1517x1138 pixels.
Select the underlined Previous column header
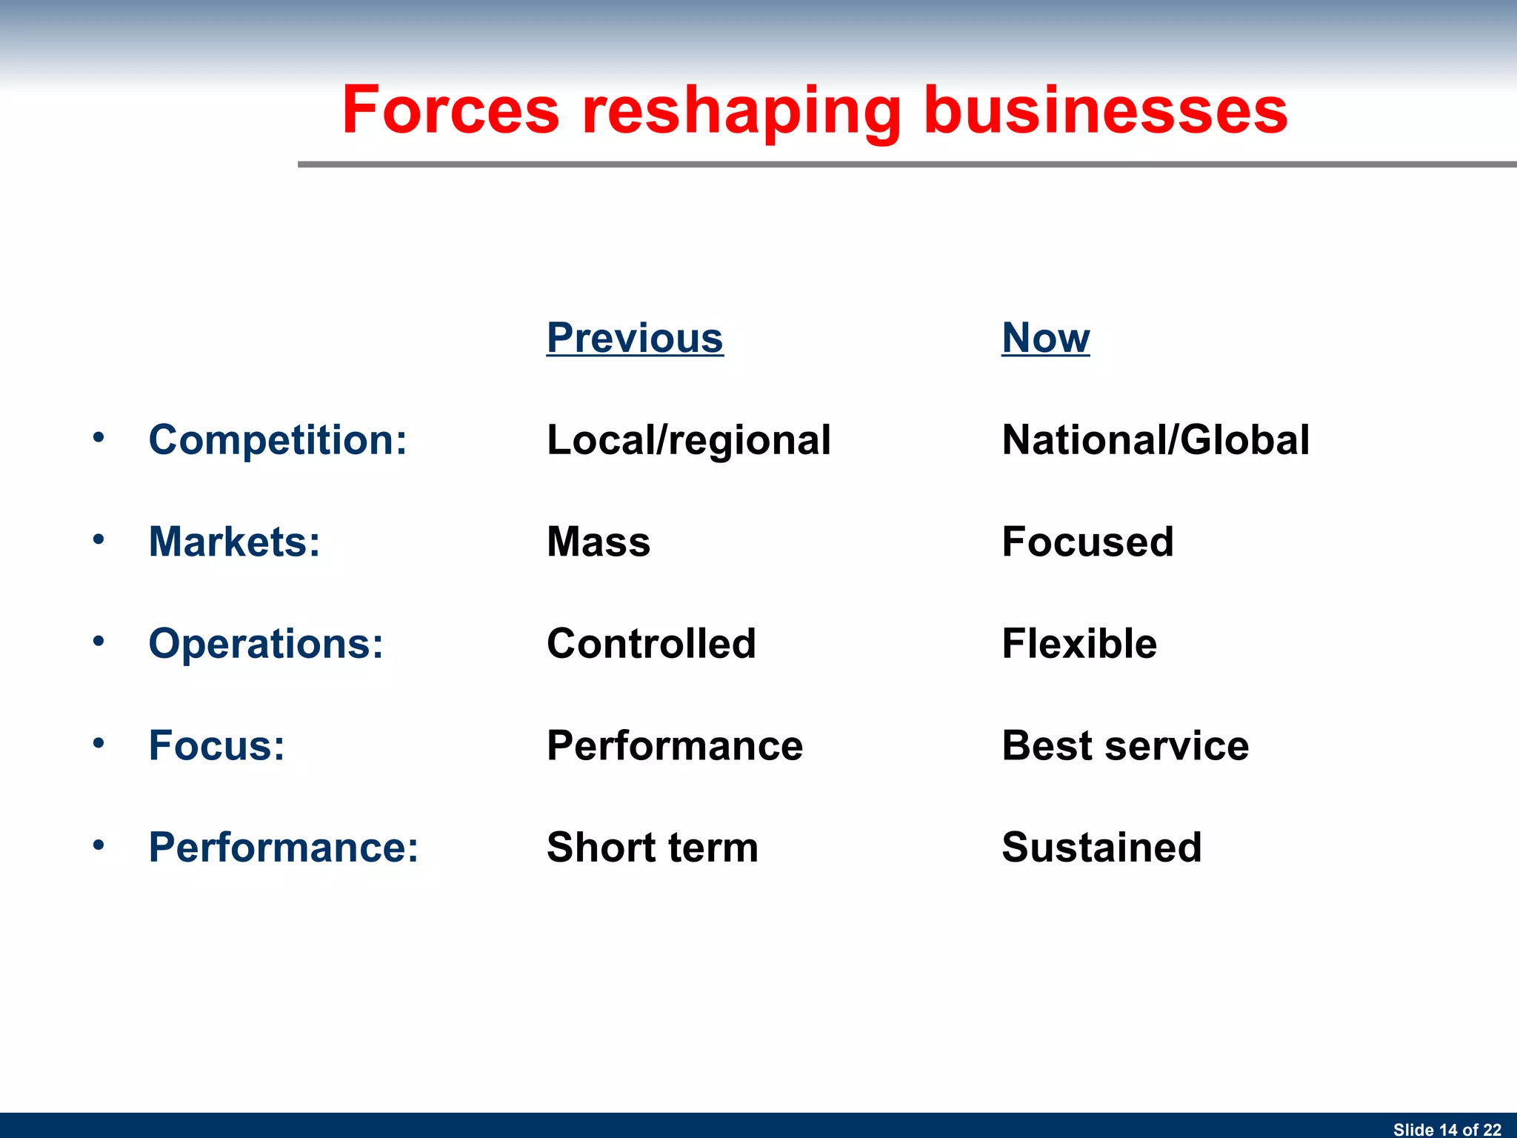tap(635, 338)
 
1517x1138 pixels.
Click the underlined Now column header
tap(1045, 338)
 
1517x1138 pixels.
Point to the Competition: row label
tap(278, 440)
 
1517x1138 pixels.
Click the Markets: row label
tap(234, 542)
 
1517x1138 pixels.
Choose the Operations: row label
tap(266, 643)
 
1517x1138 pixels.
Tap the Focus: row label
tap(216, 745)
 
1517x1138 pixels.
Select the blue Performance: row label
tap(283, 847)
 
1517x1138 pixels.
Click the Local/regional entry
tap(689, 440)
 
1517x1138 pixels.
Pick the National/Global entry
tap(1156, 440)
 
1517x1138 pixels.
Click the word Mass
tap(599, 542)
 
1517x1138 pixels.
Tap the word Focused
tap(1087, 542)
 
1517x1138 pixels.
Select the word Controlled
tap(651, 643)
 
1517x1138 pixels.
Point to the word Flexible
tap(1079, 643)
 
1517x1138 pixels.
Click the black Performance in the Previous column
tap(675, 745)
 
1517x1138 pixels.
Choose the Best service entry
tap(1125, 745)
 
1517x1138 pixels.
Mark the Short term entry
tap(653, 847)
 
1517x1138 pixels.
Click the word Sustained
tap(1101, 847)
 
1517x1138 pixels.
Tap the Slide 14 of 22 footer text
tap(1447, 1129)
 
